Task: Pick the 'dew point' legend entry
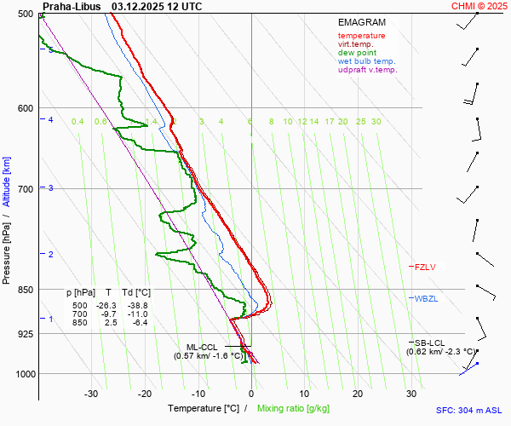click(x=357, y=53)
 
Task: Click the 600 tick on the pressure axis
click(x=24, y=108)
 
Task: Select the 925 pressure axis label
click(x=24, y=334)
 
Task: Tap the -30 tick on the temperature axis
click(x=91, y=394)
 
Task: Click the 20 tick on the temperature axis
click(x=358, y=394)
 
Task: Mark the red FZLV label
click(x=425, y=267)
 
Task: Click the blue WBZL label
click(x=426, y=299)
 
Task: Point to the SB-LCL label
click(x=431, y=343)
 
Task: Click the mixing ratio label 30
click(x=376, y=122)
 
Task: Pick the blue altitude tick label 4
click(x=51, y=120)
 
